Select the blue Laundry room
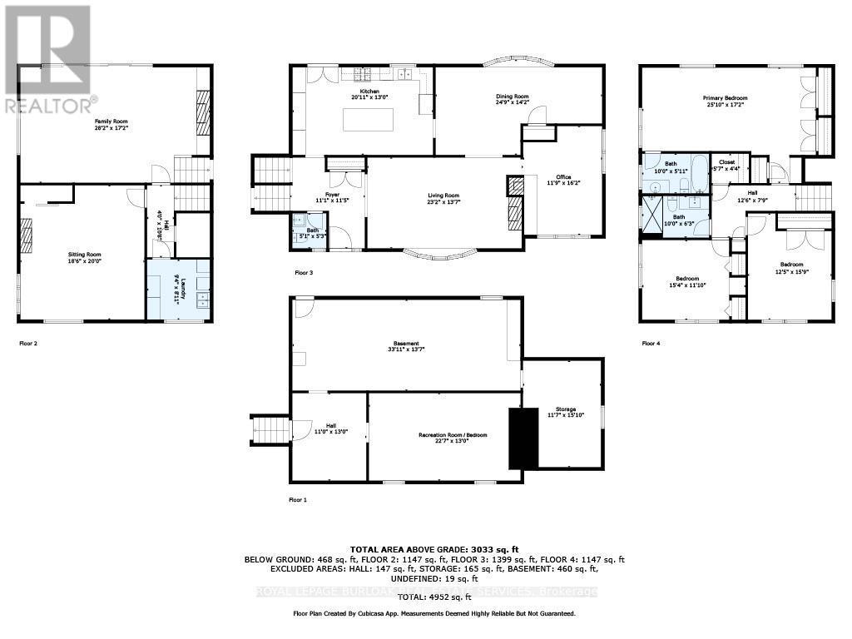pos(178,289)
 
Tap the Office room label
pos(564,177)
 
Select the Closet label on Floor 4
pos(727,162)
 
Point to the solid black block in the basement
pos(523,438)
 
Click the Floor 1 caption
pos(298,499)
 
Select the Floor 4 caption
pos(651,343)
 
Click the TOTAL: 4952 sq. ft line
pos(433,597)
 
